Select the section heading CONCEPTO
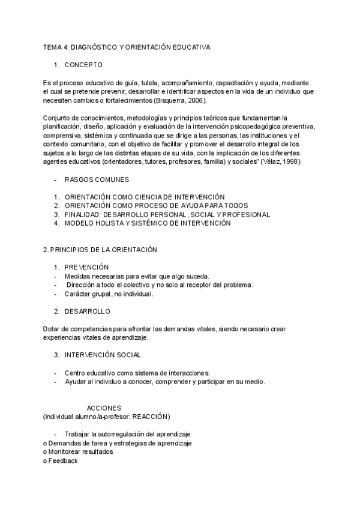point(83,64)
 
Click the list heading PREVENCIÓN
point(86,267)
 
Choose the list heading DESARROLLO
point(88,312)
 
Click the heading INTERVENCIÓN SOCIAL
point(103,355)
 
